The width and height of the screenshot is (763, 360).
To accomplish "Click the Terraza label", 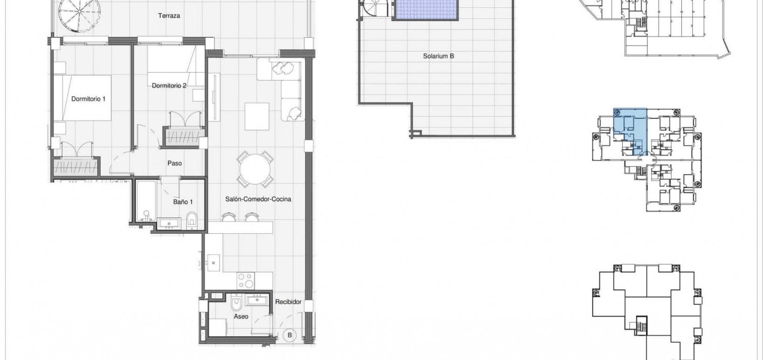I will coord(169,16).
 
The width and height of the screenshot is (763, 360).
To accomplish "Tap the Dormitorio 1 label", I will coord(89,99).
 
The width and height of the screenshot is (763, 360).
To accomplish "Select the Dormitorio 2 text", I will coord(169,86).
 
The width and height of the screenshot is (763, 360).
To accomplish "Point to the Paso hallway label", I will coord(175,163).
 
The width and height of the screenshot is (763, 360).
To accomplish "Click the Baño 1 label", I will coord(183,202).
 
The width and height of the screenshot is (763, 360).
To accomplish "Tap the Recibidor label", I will coord(288,302).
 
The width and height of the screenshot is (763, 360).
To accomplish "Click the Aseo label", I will coord(241,316).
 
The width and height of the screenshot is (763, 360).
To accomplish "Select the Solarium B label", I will coord(438,56).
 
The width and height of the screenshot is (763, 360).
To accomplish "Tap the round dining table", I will coord(254,168).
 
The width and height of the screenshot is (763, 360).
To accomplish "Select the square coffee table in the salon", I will coord(256,116).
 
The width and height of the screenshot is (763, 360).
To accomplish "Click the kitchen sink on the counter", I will coord(214,263).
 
